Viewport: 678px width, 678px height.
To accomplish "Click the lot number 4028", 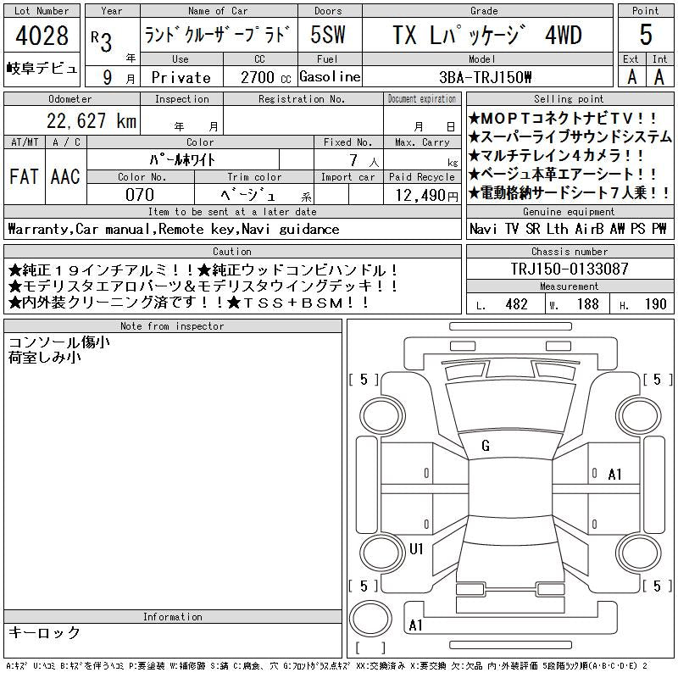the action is pos(42,36).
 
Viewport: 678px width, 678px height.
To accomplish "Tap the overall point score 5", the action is pos(646,35).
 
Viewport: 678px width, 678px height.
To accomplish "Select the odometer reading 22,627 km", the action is pos(92,120).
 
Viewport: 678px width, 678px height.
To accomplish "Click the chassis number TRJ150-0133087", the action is pos(570,269).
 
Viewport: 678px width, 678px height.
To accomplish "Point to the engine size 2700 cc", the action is pos(265,77).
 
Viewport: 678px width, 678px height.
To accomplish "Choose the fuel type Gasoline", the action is pos(330,77).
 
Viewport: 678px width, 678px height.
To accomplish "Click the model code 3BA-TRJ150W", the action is pos(485,77).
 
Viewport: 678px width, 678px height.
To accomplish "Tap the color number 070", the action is pos(140,195).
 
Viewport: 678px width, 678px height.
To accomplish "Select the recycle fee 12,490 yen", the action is pos(427,196).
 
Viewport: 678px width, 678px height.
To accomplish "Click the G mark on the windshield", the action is pos(486,446).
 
